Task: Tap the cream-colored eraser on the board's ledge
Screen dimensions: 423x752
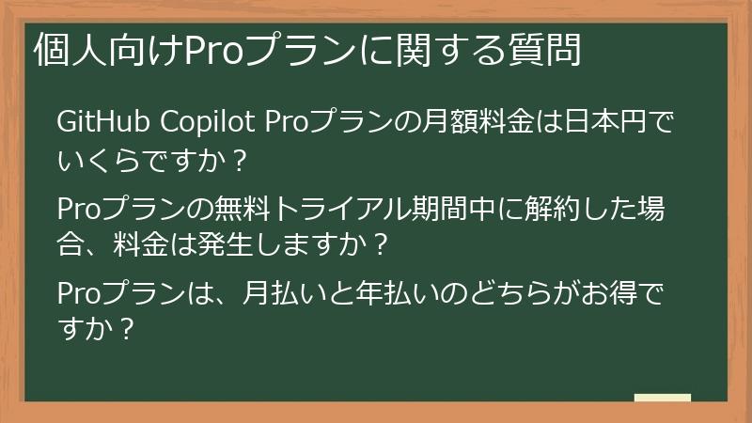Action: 662,398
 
